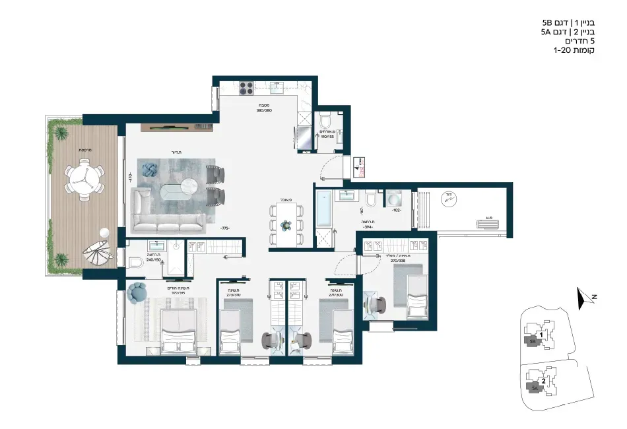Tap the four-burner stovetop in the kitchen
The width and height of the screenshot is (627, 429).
click(x=246, y=88)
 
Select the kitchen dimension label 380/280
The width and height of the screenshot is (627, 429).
click(x=265, y=110)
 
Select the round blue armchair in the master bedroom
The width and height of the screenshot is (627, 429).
click(x=139, y=292)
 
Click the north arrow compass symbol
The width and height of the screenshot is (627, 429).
click(x=582, y=300)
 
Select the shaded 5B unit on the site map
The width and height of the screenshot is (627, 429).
click(x=532, y=342)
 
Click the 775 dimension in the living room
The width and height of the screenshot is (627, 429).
click(x=226, y=228)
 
